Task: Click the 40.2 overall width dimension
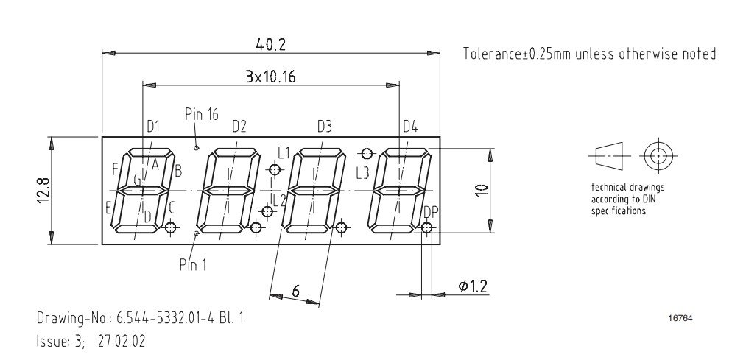click(270, 44)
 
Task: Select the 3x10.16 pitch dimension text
click(271, 76)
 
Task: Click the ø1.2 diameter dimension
click(474, 286)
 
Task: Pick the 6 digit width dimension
click(295, 291)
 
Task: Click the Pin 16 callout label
click(202, 114)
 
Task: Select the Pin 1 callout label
click(193, 265)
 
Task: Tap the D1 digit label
click(153, 126)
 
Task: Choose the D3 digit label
click(325, 126)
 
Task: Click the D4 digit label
click(410, 126)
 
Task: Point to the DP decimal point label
click(431, 213)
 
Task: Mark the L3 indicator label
click(362, 174)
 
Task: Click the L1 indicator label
click(284, 152)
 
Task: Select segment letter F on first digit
click(115, 169)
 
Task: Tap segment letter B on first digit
click(178, 172)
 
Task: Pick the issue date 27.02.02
click(122, 342)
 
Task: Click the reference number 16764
click(680, 319)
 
